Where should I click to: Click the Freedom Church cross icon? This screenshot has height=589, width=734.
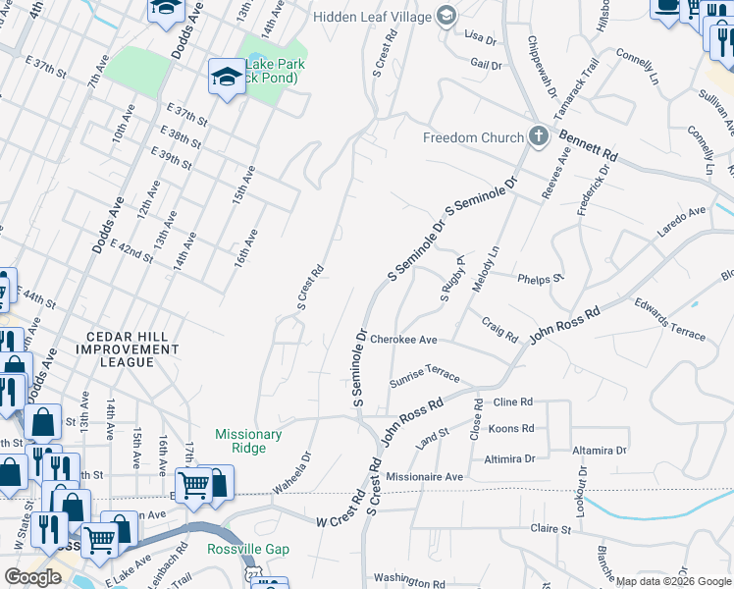539,136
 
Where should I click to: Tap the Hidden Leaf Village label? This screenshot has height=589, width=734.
372,17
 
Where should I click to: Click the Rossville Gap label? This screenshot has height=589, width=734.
248,549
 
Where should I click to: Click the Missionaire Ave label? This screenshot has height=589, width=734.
424,476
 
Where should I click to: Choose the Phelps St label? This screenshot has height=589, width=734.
541,277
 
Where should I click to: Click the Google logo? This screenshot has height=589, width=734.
32,577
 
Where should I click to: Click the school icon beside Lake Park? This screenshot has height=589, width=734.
227,78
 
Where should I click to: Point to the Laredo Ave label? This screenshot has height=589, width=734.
681,219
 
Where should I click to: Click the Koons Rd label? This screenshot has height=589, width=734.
510,429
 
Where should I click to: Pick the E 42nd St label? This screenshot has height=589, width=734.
132,251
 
